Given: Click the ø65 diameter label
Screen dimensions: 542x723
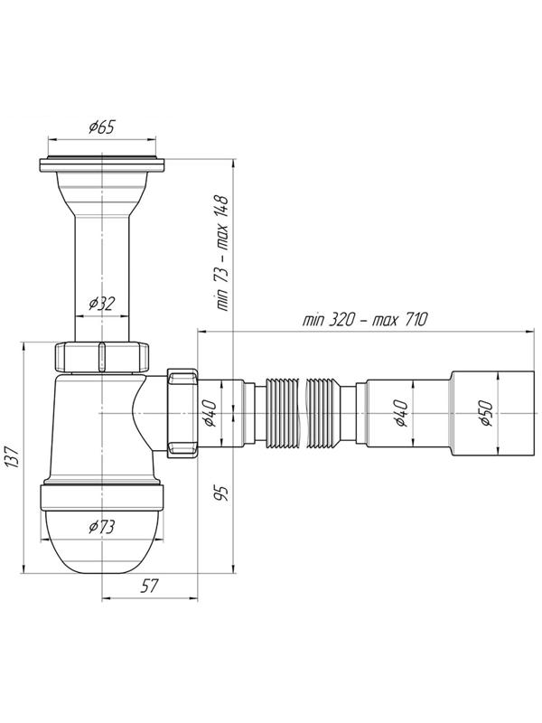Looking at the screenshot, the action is point(102,127).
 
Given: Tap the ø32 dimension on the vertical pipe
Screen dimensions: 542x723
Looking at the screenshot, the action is point(101,304).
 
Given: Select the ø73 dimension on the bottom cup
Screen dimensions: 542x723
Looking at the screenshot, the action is point(102,527).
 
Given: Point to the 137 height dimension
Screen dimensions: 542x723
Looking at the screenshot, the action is point(12,457).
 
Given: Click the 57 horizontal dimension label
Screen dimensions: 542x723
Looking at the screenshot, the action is point(149,586).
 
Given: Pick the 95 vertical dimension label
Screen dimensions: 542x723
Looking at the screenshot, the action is point(221,493).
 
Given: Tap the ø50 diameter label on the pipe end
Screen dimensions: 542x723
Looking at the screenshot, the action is point(486,413).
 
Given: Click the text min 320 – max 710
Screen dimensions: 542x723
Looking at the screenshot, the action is point(365,319).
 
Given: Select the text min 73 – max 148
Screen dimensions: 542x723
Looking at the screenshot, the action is point(221,253).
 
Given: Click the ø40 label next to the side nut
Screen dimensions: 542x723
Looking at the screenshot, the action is point(210,413).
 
